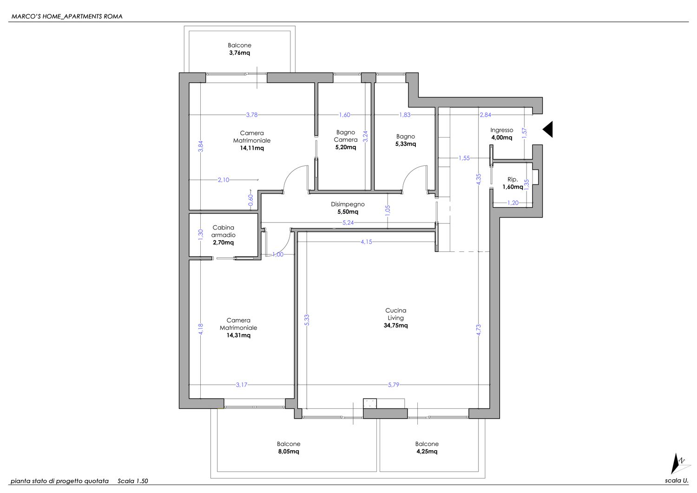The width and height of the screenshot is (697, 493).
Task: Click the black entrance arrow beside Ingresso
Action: click(548, 129)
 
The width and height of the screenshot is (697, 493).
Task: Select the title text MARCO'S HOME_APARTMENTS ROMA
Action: click(67, 17)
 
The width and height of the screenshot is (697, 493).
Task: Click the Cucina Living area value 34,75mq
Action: click(395, 326)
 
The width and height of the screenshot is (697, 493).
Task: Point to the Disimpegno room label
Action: click(348, 204)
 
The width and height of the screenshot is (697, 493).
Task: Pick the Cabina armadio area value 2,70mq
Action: click(223, 243)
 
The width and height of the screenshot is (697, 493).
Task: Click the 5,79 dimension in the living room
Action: click(393, 385)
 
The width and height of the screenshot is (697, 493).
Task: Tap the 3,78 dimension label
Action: click(252, 115)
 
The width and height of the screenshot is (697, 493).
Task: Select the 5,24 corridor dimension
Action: click(348, 223)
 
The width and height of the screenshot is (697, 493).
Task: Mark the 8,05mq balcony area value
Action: click(289, 451)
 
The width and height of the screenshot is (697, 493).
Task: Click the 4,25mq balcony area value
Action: click(427, 451)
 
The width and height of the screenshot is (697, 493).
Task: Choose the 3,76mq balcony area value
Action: click(240, 53)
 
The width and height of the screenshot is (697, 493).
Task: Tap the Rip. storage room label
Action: click(513, 179)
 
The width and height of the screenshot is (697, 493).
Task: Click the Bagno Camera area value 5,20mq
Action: click(345, 147)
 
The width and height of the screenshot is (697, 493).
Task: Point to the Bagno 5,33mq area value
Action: click(406, 144)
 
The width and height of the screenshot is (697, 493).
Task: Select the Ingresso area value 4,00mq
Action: click(501, 138)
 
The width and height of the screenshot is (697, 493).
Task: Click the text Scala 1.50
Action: click(133, 481)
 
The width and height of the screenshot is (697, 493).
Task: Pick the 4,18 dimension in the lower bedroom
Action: click(201, 329)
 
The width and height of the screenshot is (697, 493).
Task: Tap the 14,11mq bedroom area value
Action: click(252, 148)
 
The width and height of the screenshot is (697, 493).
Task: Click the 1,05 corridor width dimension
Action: click(388, 210)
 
